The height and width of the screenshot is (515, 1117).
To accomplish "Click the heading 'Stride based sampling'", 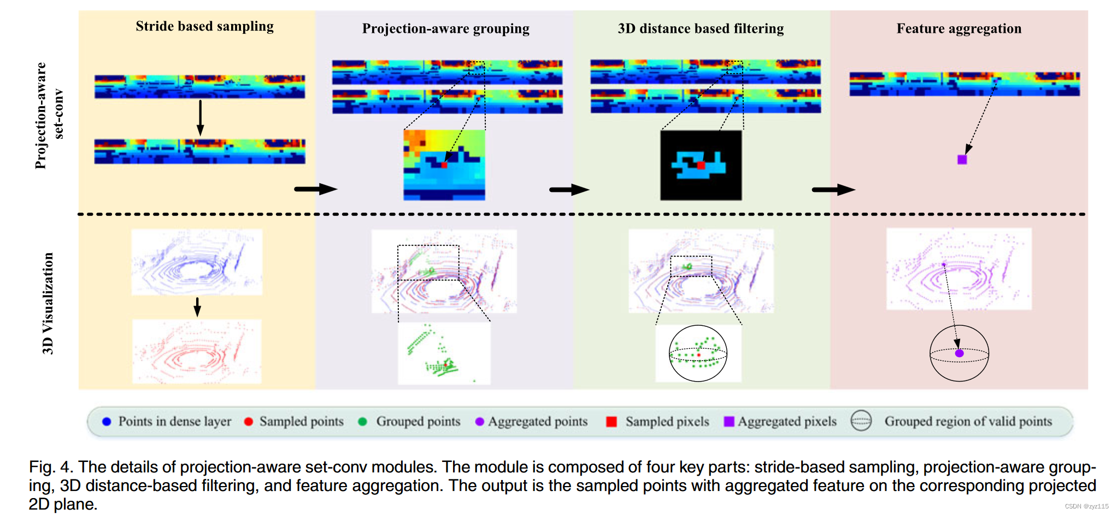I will pos(204,26).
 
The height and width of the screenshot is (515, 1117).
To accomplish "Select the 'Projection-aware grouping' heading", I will pos(445,28).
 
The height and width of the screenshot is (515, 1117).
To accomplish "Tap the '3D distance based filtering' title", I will pos(701,28).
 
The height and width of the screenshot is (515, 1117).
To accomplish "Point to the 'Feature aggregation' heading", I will pos(959,28).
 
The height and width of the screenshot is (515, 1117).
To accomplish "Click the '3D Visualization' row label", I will pos(48,303).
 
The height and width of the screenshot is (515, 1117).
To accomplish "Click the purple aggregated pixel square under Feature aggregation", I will pos(962,160).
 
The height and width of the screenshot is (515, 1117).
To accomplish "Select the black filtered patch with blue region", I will pos(701,165).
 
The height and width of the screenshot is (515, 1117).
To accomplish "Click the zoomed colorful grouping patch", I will pos(444,165).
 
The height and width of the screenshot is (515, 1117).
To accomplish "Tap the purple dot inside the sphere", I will pos(959,353).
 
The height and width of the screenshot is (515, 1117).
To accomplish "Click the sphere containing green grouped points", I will pos(698,353).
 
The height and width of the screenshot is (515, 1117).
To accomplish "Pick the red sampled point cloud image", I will pos(197,351).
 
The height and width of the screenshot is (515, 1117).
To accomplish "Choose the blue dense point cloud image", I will pos(197,262).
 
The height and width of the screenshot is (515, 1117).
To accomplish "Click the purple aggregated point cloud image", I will pos(959,269).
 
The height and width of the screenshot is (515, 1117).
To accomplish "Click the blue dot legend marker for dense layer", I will pos(107,422).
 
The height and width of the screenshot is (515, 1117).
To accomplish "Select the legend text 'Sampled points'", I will pos(301,422).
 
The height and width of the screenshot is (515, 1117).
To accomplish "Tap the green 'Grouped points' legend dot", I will pos(362,422).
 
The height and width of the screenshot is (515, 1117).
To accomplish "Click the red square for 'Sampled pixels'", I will pos(612,422).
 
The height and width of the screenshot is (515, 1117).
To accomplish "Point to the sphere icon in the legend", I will pos(861,421).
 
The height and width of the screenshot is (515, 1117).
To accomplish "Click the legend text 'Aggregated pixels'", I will pos(787,422).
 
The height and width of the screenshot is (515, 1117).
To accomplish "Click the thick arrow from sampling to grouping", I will pos(315,189).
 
